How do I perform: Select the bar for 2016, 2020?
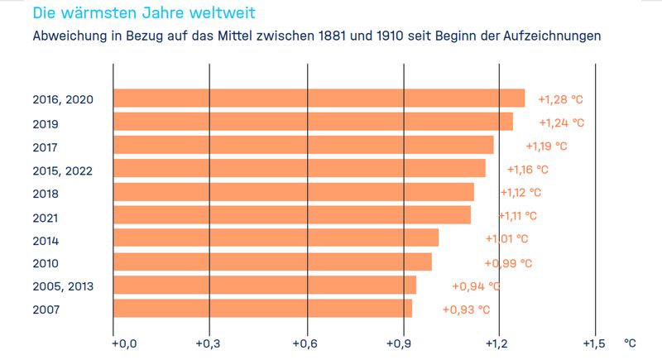tap(319, 98)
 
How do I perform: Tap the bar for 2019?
tap(313, 122)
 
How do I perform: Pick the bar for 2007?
tap(262, 309)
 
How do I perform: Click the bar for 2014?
tap(276, 238)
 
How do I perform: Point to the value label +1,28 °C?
tap(560, 99)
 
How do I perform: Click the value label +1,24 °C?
tap(562, 122)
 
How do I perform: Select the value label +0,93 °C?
tap(466, 310)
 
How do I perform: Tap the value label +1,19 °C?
tap(546, 146)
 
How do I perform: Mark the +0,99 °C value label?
tap(508, 263)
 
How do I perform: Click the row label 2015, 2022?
tap(62, 171)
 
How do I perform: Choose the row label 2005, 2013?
tap(62, 286)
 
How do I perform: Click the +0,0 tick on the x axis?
tap(113, 343)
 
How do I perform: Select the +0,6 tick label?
tap(307, 343)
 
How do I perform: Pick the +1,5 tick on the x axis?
tap(595, 343)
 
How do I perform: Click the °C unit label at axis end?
tap(630, 342)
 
